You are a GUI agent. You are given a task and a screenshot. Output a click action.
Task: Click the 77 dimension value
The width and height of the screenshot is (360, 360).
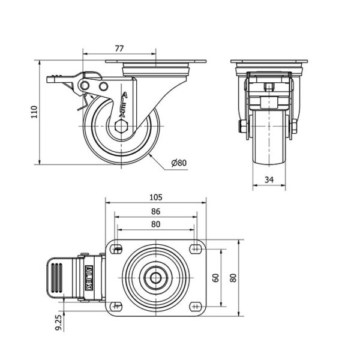click(x=119, y=49)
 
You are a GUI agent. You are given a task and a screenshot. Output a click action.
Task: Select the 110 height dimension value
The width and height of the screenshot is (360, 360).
click(x=34, y=112)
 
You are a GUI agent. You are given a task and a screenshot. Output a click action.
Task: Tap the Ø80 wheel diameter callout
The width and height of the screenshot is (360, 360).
click(x=179, y=163)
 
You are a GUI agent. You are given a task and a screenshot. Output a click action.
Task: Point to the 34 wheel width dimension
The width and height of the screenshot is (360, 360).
click(x=269, y=179)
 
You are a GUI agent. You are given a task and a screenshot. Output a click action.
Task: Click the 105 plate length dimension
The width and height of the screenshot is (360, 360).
click(x=155, y=197)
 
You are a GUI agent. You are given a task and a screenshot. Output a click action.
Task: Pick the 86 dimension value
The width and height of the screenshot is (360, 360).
click(x=155, y=211)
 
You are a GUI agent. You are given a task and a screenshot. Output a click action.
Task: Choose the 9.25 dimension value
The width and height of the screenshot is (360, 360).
click(x=59, y=322)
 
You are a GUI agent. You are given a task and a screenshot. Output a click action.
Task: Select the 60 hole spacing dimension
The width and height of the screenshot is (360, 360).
click(x=216, y=278)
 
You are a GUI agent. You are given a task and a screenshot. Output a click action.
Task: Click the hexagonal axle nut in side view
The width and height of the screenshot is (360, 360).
click(x=121, y=126)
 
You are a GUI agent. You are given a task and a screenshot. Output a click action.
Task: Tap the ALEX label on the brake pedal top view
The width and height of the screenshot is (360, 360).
click(x=89, y=278)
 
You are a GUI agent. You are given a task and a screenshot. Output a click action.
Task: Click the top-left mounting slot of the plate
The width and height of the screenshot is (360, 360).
click(x=116, y=248)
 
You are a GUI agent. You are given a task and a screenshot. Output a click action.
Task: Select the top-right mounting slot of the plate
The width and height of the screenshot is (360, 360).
click(x=196, y=248)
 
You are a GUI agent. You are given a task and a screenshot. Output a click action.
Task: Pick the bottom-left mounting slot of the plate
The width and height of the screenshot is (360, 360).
click(x=116, y=306)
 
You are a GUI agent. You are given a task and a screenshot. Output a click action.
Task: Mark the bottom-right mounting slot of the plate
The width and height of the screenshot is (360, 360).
click(x=196, y=306)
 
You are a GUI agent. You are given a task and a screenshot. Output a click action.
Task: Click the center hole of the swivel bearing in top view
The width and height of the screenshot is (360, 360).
click(x=155, y=278)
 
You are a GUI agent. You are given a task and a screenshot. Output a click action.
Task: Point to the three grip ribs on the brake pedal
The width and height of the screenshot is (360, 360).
click(x=57, y=278)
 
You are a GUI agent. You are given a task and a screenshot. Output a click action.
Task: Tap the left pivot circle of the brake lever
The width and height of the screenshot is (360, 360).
click(x=85, y=86)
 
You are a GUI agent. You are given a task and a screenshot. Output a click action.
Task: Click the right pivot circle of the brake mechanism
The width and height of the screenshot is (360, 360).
click(x=103, y=86)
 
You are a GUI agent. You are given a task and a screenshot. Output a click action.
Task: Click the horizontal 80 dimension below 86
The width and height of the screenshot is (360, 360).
click(x=155, y=224)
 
